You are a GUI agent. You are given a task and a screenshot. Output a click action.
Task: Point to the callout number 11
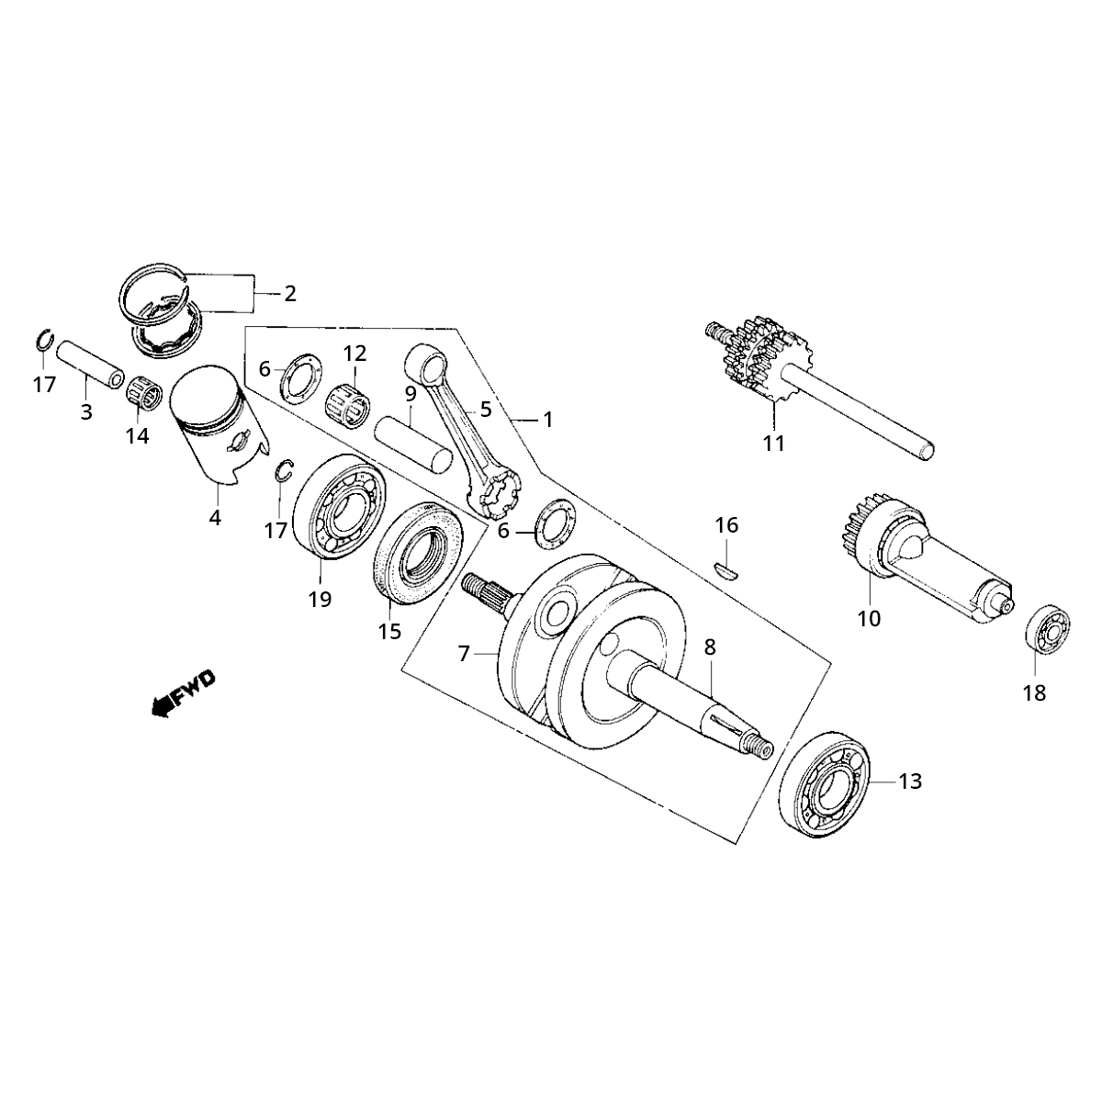[x=773, y=444]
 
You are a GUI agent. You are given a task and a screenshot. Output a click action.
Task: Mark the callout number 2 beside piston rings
[x=289, y=294]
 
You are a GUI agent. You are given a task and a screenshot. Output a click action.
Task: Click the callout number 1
[x=547, y=420]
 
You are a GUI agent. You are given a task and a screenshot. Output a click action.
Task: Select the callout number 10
[x=868, y=618]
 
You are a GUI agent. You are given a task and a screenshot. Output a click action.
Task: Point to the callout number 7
[x=464, y=654]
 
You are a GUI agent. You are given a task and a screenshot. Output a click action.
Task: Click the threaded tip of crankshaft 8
[x=760, y=749]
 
